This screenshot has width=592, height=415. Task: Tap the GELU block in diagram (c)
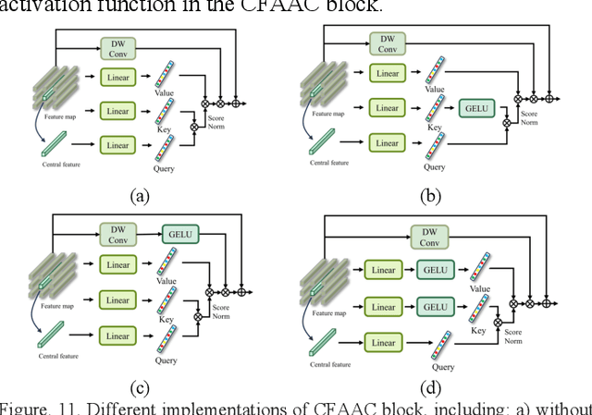(179, 234)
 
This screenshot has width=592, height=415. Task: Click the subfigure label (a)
(139, 195)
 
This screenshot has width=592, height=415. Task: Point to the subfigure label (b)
(432, 195)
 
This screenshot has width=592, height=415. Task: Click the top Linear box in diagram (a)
(117, 78)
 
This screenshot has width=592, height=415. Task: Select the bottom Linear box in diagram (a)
(117, 145)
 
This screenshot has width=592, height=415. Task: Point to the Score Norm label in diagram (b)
(528, 117)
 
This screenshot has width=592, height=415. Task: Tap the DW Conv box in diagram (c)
(117, 234)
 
